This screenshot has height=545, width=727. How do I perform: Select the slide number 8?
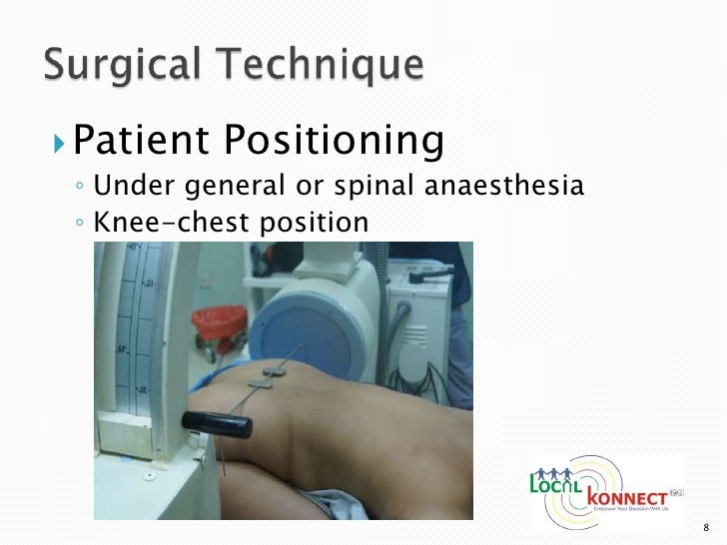coord(706,527)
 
